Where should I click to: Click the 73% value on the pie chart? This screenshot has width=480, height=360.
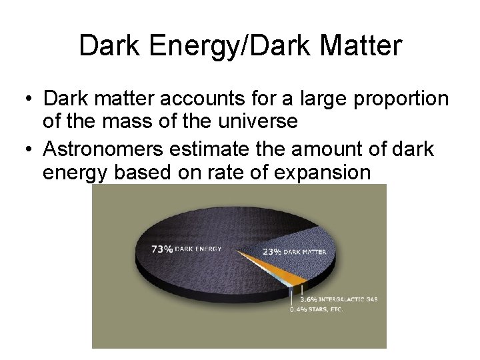pos(162,249)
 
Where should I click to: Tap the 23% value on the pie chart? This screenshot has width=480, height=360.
pos(272,252)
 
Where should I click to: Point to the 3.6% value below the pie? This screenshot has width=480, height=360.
pos(307,299)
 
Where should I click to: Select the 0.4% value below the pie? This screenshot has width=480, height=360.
pos(299,309)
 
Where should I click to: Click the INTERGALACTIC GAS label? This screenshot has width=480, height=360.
pos(348,299)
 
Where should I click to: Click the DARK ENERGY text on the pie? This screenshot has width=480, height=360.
pos(198,249)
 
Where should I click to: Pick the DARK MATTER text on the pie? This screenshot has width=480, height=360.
pos(305,252)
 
